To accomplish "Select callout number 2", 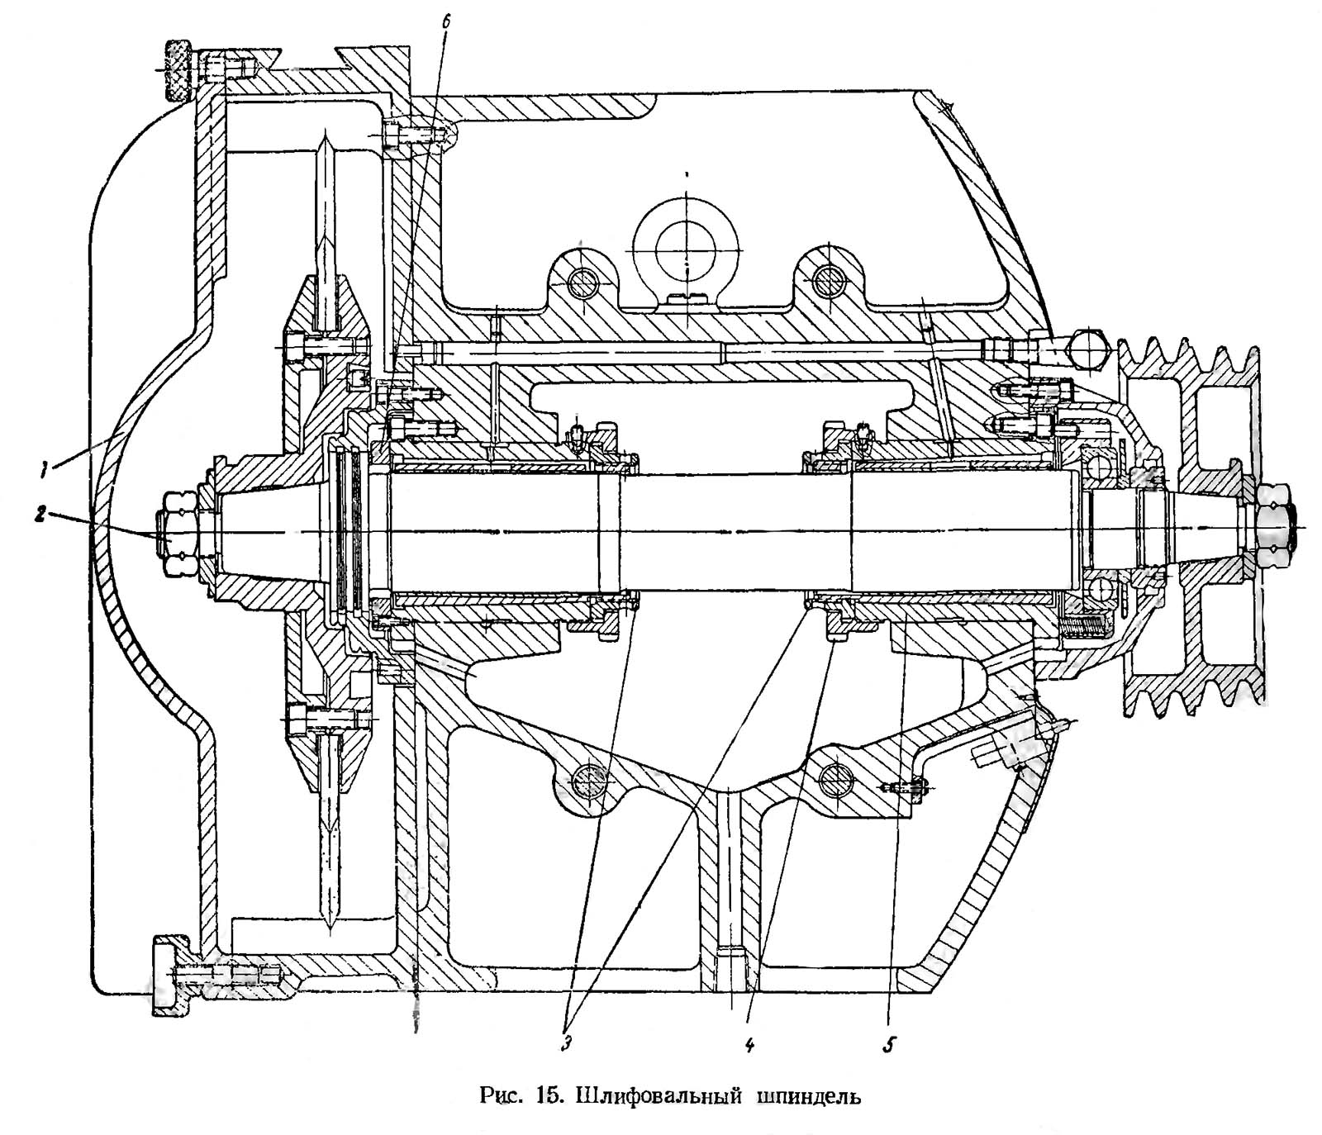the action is point(39,514).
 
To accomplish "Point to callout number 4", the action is point(749,1046).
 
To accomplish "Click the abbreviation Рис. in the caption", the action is point(499,1099).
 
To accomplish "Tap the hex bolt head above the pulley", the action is point(1089,349).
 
